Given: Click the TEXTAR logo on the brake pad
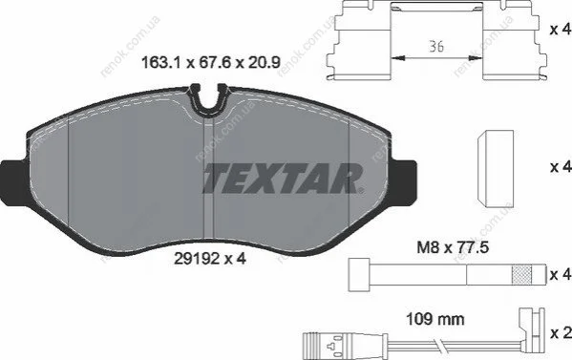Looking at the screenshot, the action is tap(284, 179).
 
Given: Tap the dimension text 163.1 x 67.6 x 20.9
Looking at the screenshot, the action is tap(210, 63).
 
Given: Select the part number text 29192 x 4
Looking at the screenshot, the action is tap(210, 259).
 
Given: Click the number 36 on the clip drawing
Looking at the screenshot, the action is tap(436, 47).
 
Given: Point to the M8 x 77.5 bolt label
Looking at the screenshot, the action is tap(453, 248).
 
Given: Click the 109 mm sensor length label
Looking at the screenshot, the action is tap(435, 320).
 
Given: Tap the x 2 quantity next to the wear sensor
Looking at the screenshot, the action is tap(561, 332).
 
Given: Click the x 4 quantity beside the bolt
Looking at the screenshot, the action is tap(561, 274).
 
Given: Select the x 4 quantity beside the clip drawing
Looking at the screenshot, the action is tap(561, 30).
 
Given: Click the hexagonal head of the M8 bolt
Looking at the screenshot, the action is tap(358, 275).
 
